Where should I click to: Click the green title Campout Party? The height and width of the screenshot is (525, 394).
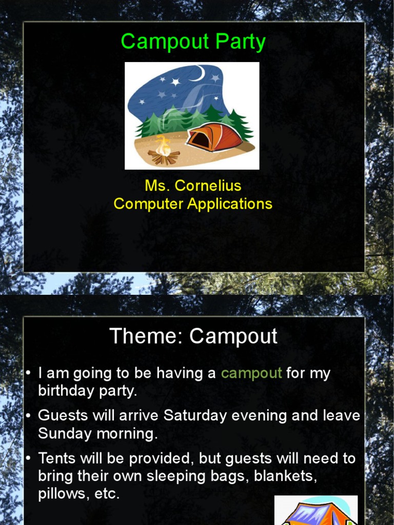coord(193,42)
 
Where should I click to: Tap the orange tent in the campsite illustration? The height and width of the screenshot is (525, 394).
coord(214,137)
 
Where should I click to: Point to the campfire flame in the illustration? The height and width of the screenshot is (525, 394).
coord(163,146)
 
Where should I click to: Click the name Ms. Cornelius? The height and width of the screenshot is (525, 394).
coord(193,185)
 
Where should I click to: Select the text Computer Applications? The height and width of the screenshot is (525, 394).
coord(193,204)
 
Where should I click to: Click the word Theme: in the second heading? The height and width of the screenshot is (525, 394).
coord(146,336)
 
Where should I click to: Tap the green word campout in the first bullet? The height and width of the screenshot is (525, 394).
coord(251,373)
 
